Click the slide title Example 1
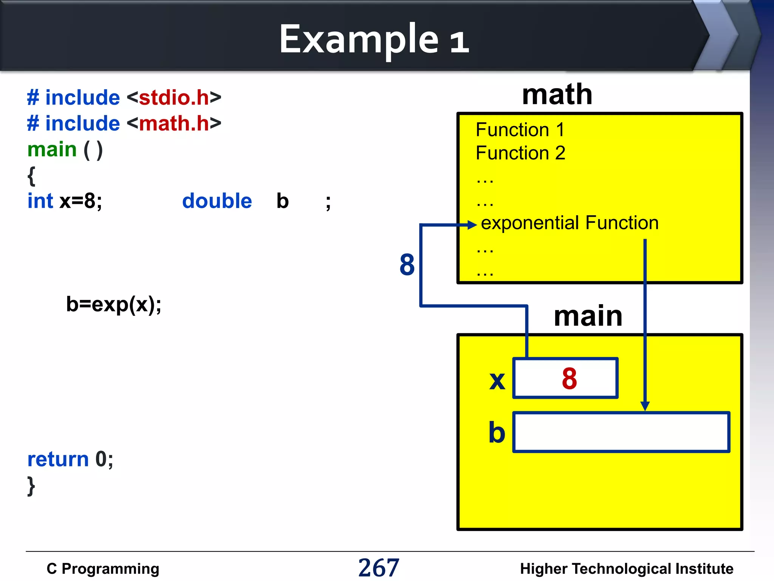pos(374,39)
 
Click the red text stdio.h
pos(174,98)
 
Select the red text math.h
pos(174,123)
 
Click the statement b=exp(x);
pos(114,304)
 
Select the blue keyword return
pos(58,459)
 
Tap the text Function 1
pos(520,130)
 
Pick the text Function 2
pos(520,153)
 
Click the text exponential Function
pos(570,223)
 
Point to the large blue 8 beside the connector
pos(407,264)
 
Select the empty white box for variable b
pos(621,432)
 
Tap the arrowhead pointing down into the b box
pos(645,406)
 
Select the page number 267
pos(379,568)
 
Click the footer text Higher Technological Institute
pos(627,569)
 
